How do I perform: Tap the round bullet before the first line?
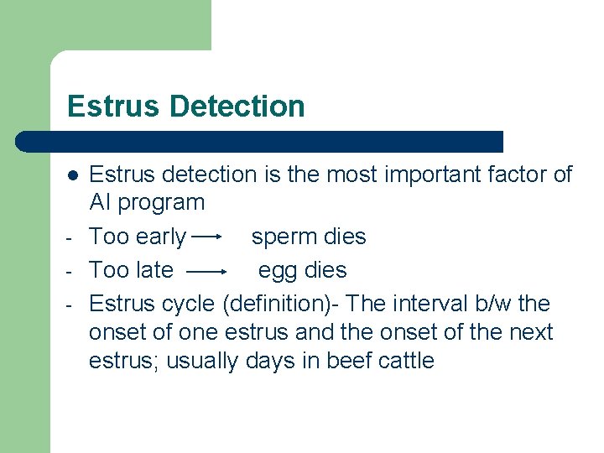click(x=73, y=175)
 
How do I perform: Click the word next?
click(x=531, y=332)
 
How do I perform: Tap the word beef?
click(x=355, y=362)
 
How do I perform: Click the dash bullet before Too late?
click(x=72, y=271)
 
